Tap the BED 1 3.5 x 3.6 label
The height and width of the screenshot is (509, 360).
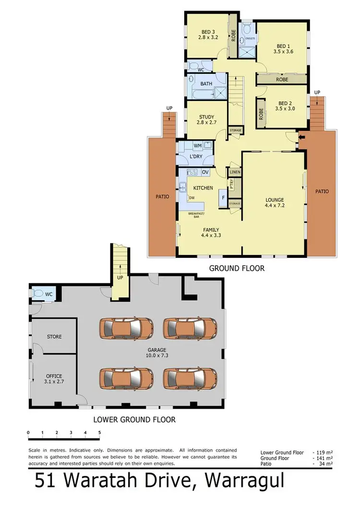pyautogui.click(x=283, y=47)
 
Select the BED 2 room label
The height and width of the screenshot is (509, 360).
pyautogui.click(x=283, y=106)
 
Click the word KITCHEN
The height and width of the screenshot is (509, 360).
pyautogui.click(x=203, y=188)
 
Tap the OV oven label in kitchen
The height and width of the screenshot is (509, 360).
pyautogui.click(x=205, y=172)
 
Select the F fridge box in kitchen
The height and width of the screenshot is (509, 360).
pyautogui.click(x=223, y=197)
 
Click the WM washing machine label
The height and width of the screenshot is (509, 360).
pyautogui.click(x=197, y=145)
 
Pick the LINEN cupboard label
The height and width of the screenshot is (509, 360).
pyautogui.click(x=235, y=172)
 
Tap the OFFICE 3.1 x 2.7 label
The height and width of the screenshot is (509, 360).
pyautogui.click(x=54, y=379)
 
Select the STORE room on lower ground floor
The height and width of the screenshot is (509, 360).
pyautogui.click(x=54, y=337)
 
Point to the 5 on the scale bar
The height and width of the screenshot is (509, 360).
pyautogui.click(x=99, y=433)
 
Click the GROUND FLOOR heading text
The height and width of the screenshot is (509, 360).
pyautogui.click(x=237, y=268)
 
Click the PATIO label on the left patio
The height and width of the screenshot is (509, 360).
pyautogui.click(x=162, y=196)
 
